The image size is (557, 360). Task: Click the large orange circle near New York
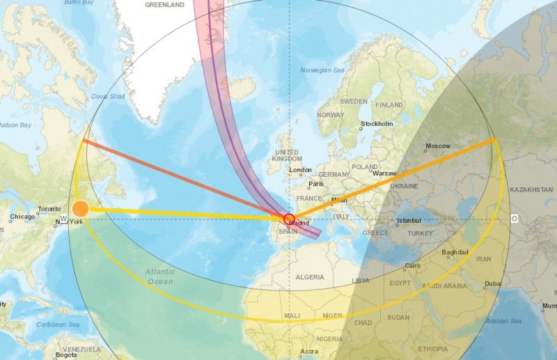click(81, 208)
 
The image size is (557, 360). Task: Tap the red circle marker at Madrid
click(290, 219)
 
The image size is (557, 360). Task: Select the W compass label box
click(63, 219)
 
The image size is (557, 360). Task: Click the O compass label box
click(514, 219)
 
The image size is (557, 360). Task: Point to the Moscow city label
click(438, 146)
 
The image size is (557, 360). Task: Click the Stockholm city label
click(377, 125)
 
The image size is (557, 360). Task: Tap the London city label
click(300, 170)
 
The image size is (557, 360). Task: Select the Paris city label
click(317, 184)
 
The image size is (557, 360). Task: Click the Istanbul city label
click(409, 221)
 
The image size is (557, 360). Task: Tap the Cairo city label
click(413, 266)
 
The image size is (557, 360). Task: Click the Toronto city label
click(49, 209)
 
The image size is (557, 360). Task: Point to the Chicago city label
click(22, 218)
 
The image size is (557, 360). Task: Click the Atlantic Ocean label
click(161, 276)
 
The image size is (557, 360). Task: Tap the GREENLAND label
click(164, 4)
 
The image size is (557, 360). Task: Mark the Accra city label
click(309, 352)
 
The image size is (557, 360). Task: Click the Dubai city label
click(493, 283)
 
